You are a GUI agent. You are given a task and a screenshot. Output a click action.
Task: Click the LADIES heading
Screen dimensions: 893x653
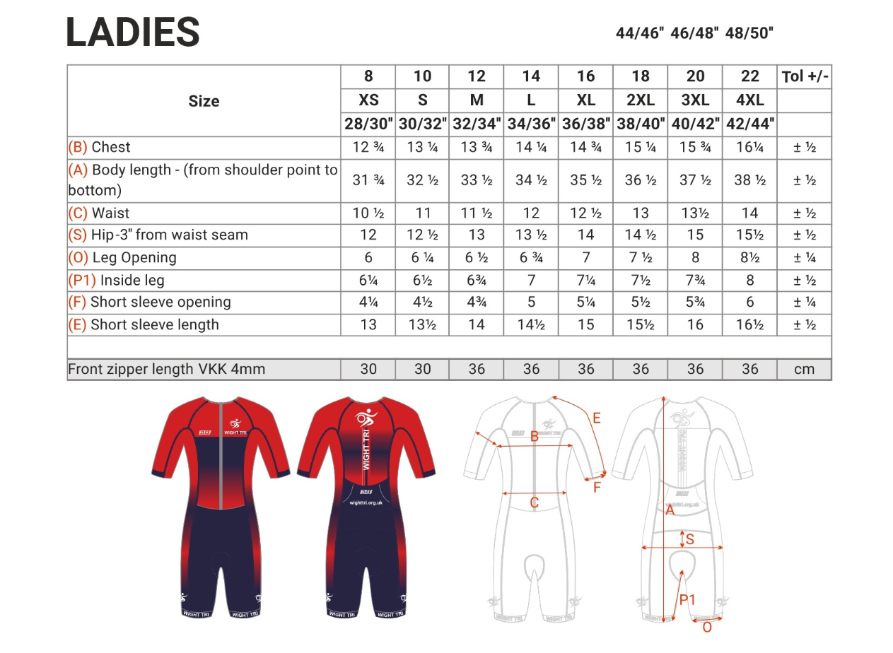pos(133,33)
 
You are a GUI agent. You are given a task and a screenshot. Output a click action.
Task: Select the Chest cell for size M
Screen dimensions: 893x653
pos(477,147)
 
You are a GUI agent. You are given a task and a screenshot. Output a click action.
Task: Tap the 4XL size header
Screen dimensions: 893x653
pos(749,100)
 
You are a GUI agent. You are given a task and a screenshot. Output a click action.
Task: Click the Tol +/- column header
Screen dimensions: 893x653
pos(804,76)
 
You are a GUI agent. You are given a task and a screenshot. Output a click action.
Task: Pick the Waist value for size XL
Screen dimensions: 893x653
pos(585,213)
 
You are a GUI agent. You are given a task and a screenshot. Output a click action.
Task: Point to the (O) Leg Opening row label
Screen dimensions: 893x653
pos(122,257)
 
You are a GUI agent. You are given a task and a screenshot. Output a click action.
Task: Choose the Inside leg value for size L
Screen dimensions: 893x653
pos(531,280)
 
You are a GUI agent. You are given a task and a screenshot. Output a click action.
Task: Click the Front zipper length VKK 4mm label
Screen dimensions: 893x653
pos(167,369)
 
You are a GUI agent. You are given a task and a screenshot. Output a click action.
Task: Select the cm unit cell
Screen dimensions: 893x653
pos(804,369)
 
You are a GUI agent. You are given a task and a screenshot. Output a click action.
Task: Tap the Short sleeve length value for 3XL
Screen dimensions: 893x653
pos(695,324)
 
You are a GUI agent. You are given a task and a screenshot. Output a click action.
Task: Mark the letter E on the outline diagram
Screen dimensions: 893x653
pos(596,418)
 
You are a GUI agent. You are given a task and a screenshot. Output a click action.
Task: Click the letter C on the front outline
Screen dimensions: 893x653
pos(535,502)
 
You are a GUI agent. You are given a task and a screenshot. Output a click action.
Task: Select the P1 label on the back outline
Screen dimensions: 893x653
pos(687,600)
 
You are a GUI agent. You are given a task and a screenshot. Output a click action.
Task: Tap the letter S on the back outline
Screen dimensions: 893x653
pos(689,540)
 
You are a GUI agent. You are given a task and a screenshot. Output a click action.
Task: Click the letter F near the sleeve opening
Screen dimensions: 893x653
pos(596,487)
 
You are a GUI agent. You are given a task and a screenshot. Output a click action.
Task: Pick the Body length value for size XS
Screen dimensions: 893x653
pos(368,180)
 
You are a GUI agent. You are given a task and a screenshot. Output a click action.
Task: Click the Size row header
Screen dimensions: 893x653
pos(204,101)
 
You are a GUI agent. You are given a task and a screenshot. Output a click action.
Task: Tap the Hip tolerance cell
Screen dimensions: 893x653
pos(804,235)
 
